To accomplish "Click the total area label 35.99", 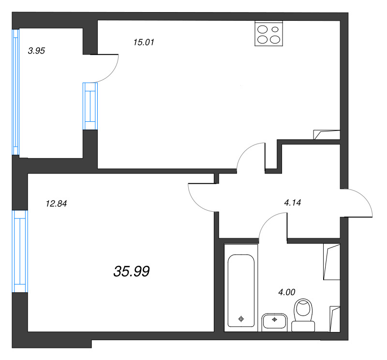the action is (132, 271).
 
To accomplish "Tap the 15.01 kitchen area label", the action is (144, 43).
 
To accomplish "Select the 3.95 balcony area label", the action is (37, 51).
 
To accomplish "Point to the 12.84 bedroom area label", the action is (57, 203).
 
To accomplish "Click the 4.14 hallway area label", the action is (293, 202).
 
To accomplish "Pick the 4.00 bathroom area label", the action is (287, 292).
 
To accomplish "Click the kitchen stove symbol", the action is (269, 33).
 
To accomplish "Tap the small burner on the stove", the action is (275, 29).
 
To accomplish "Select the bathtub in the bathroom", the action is (241, 291).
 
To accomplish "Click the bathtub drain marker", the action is (241, 319).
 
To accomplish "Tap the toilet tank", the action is (303, 326).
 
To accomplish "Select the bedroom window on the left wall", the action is (20, 251).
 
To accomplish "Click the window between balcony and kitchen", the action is (90, 106).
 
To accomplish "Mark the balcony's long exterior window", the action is (15, 92).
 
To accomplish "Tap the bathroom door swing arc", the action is (268, 220).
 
